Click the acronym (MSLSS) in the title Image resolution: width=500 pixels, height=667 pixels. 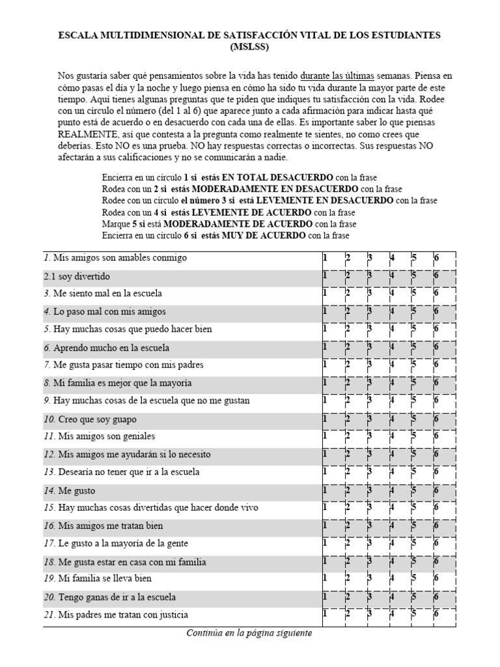pos(249,46)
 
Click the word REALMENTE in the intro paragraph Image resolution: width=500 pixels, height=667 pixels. pos(86,134)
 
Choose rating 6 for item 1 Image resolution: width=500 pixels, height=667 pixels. pos(436,258)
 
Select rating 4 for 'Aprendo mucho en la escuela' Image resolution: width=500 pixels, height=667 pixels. pos(392,348)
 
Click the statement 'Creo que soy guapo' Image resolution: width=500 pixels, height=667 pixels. pos(98,419)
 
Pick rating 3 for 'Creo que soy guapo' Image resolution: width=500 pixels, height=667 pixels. pos(370,419)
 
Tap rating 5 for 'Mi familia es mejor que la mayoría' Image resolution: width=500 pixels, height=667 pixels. pos(414,383)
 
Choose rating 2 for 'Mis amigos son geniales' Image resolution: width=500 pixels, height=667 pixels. pos(348,436)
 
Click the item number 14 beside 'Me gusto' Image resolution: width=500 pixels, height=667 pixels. pos(49,491)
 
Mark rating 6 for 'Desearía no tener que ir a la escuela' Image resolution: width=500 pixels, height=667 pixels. pos(436,472)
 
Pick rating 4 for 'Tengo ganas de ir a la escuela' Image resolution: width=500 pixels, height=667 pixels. pos(392,597)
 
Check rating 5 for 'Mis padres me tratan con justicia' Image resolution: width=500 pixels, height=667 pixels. pos(414,614)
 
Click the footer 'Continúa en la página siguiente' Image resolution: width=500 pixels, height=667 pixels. pos(249,633)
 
